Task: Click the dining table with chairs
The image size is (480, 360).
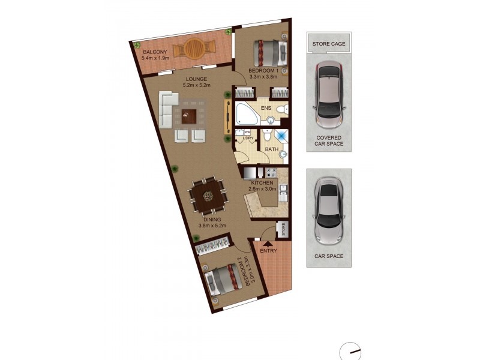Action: (208, 195)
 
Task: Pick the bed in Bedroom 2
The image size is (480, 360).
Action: (223, 280)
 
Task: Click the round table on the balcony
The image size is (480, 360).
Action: (193, 47)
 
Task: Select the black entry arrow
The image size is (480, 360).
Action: (268, 242)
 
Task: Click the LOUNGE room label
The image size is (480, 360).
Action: (196, 79)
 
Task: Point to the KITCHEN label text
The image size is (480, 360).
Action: (263, 182)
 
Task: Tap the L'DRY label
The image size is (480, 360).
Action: (248, 139)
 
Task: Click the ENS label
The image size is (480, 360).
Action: (266, 108)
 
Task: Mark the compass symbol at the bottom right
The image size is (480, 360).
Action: (350, 352)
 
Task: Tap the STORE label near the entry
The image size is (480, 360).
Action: (282, 230)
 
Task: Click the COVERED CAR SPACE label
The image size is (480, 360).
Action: (329, 141)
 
